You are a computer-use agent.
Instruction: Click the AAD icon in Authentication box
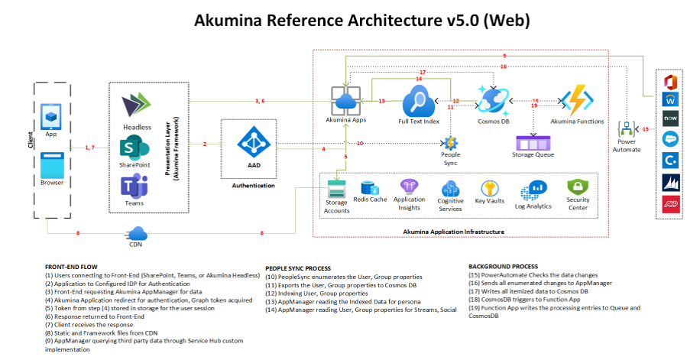point(251,142)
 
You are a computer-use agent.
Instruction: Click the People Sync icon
point(450,143)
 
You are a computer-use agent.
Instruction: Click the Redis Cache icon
point(371,188)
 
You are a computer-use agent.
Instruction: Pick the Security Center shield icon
point(577,186)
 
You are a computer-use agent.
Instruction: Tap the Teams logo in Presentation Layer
point(135,186)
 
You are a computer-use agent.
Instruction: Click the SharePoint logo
point(135,147)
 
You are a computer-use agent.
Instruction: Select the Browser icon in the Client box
point(52,167)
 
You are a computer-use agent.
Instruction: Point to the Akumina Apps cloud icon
point(345,102)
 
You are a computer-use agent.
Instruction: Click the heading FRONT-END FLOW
point(70,267)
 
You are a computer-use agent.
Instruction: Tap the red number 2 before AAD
point(205,143)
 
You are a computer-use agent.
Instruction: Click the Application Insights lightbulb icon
point(409,186)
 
